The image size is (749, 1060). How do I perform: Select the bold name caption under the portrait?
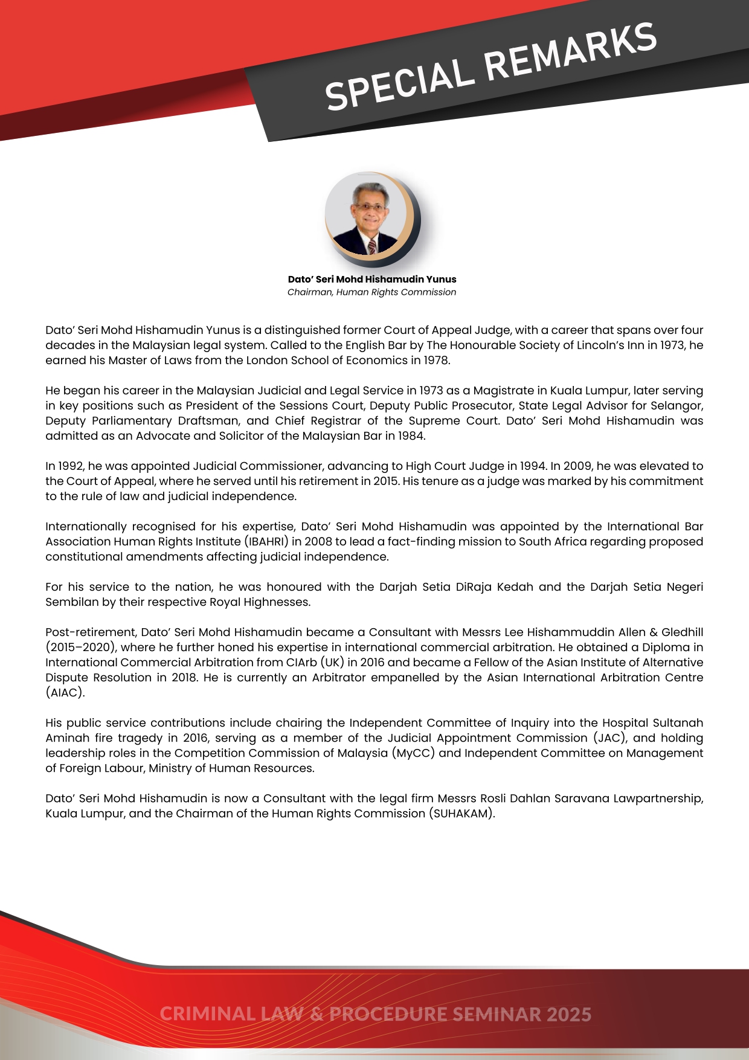pyautogui.click(x=372, y=279)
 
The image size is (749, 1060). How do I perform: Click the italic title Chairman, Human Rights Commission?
pyautogui.click(x=372, y=292)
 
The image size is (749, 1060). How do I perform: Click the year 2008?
pyautogui.click(x=318, y=542)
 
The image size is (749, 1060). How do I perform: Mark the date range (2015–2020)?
pyautogui.click(x=81, y=647)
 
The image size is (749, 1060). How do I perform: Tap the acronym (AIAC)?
pyautogui.click(x=65, y=693)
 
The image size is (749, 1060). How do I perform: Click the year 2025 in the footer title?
pyautogui.click(x=569, y=1014)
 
